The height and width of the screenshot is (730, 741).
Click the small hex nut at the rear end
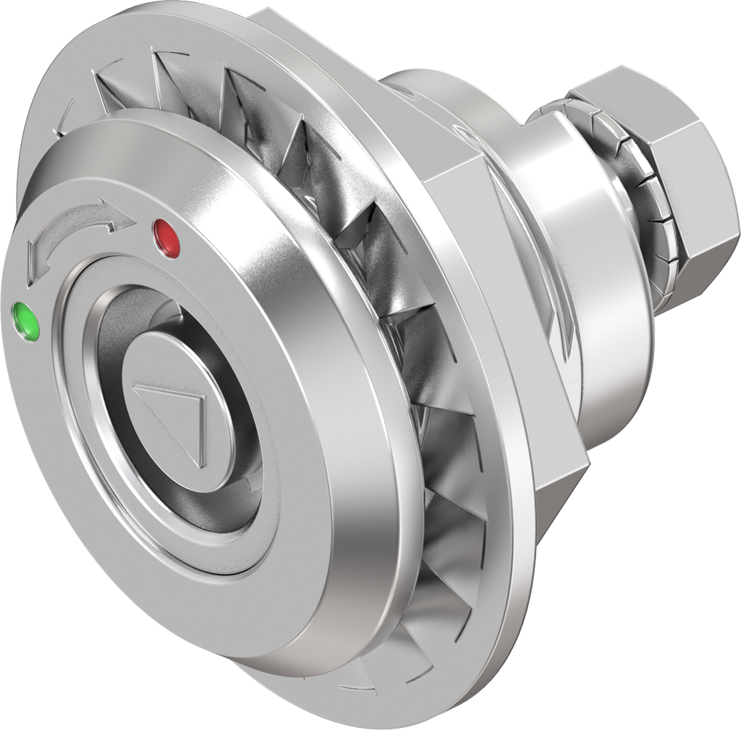[673, 188]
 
